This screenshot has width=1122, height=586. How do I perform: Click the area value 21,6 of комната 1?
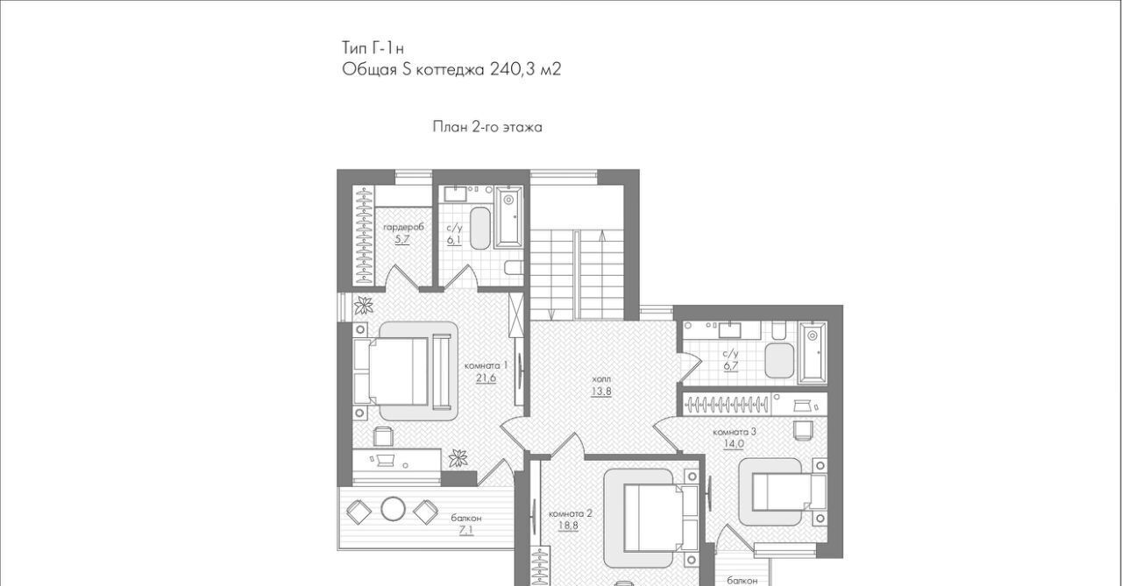click(x=486, y=378)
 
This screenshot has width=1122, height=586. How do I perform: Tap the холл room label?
click(x=601, y=378)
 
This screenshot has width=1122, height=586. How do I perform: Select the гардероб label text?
click(x=403, y=227)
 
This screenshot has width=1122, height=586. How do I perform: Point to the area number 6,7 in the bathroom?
click(x=731, y=366)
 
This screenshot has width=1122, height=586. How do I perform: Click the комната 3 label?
click(x=735, y=432)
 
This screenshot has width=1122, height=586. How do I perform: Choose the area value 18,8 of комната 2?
click(x=569, y=526)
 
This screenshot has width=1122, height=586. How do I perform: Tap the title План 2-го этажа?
click(x=487, y=127)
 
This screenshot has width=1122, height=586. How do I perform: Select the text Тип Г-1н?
click(x=373, y=48)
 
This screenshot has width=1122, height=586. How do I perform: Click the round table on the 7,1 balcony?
click(x=394, y=509)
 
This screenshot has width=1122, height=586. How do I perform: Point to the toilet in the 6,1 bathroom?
click(x=514, y=268)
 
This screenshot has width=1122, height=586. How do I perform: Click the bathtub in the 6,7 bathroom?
click(x=812, y=352)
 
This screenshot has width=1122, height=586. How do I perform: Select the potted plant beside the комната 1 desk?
click(x=458, y=458)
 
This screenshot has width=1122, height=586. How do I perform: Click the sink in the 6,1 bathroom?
click(x=456, y=194)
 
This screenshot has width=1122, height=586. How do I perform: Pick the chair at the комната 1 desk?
click(x=384, y=436)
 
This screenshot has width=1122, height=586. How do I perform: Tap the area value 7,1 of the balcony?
click(x=466, y=531)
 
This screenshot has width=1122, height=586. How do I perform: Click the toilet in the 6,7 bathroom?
click(x=778, y=331)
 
